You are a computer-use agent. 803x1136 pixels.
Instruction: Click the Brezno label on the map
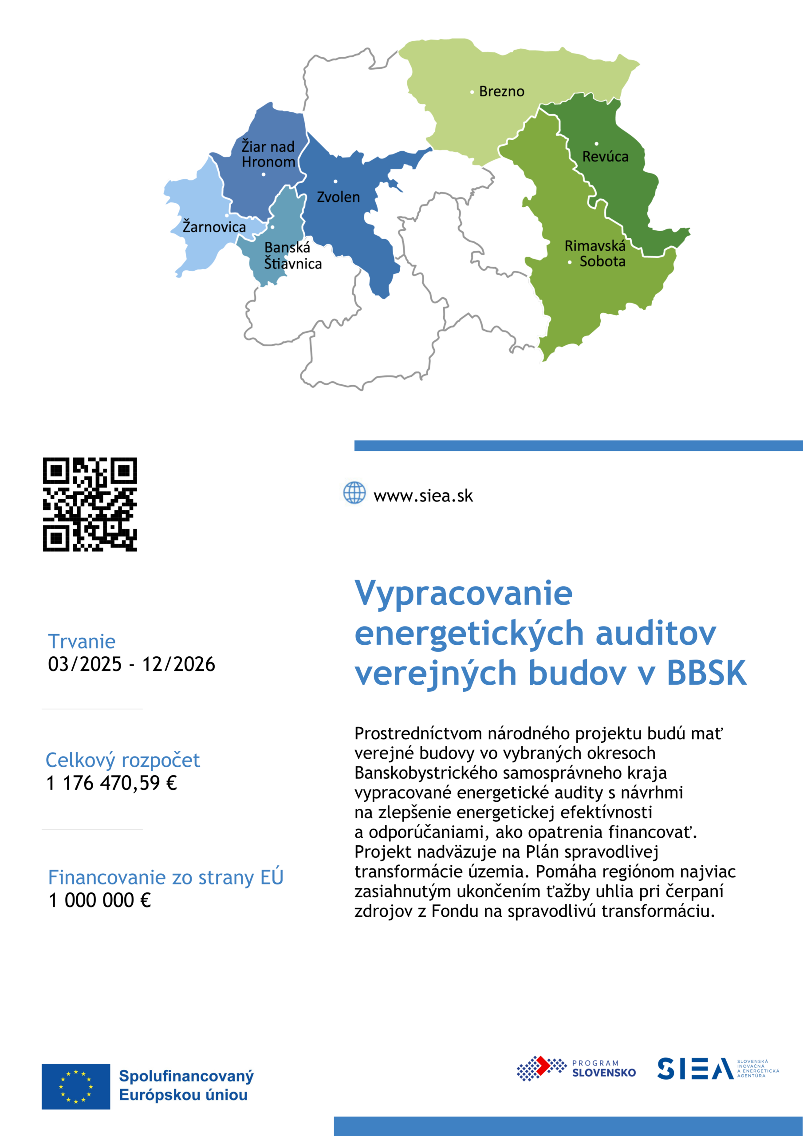point(501,91)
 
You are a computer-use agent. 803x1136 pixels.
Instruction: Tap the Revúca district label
point(605,157)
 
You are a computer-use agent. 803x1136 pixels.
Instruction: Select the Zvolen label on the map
point(338,197)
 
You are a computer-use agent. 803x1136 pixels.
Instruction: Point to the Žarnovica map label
point(214,227)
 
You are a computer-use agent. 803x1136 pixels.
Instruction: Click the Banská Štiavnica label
point(292,256)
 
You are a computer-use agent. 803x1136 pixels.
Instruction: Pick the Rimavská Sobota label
point(595,253)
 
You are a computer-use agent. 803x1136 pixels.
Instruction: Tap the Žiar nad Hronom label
point(268,154)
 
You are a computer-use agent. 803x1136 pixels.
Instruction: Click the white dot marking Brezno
point(472,92)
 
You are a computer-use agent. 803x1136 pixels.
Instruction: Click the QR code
point(90,504)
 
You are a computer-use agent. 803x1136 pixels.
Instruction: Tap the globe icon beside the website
point(354,493)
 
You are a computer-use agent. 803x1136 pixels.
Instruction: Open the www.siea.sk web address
point(423,496)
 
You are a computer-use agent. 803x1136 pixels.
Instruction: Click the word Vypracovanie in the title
point(464,593)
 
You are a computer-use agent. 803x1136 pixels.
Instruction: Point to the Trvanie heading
point(82,641)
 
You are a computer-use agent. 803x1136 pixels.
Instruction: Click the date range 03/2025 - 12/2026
point(131,664)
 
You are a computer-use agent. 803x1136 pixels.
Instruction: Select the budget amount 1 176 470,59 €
point(111,783)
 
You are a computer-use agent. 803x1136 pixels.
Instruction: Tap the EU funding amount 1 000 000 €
point(99,900)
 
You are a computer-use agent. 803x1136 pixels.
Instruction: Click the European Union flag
point(76,1087)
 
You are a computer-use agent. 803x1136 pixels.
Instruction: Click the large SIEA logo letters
point(695,1069)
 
